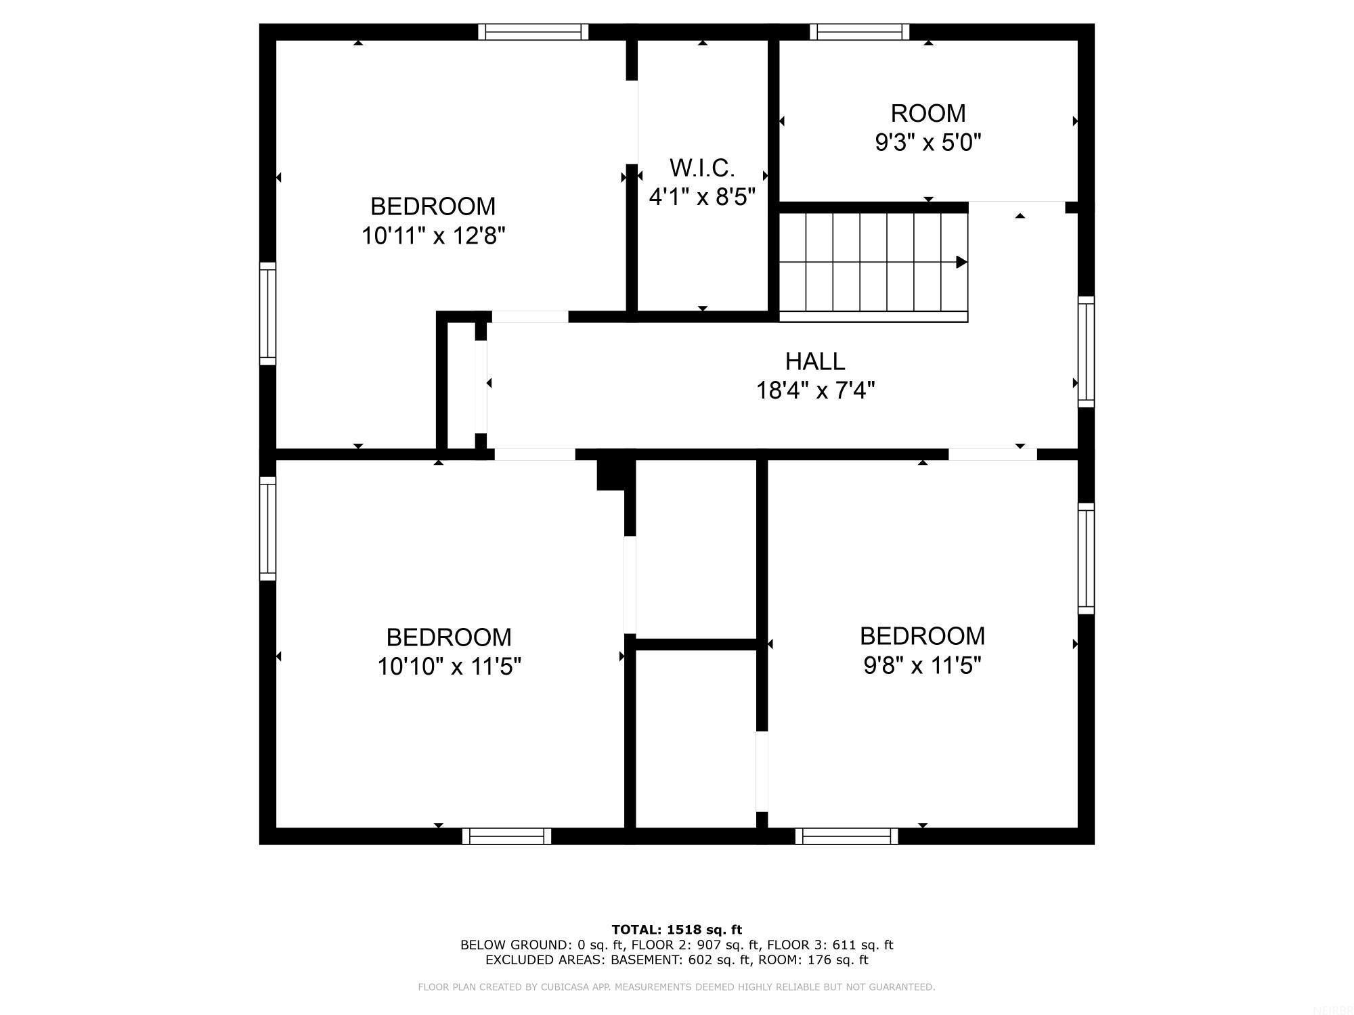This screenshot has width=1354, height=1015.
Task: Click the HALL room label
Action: pos(815,361)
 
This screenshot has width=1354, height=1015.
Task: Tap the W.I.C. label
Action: pos(702,167)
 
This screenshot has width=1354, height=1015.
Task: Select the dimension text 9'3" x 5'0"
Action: pos(928,143)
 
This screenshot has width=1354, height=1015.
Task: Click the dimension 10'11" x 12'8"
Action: pos(433,236)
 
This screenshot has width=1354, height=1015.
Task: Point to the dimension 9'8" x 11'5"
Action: pos(922,666)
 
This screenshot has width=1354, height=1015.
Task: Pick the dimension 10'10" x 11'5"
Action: pos(449,667)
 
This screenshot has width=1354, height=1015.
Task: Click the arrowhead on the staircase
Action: pos(961,262)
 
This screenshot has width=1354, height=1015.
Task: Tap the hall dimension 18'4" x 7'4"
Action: pos(815,391)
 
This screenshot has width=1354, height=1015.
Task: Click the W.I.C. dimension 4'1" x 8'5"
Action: pos(702,197)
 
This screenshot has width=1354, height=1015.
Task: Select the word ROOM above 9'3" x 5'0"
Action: pos(928,113)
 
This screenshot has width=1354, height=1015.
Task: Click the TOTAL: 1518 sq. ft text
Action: pos(676,930)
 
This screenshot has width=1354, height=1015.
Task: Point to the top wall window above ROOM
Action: pos(859,32)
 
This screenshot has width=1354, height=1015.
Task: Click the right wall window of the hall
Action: pos(1086,352)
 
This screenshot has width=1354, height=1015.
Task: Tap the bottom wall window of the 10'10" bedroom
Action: pos(506,836)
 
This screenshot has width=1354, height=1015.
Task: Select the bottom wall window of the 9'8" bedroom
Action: pos(846,836)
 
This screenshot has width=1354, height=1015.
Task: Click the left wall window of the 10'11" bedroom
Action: pos(268,313)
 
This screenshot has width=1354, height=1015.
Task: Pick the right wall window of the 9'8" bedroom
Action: pos(1086,558)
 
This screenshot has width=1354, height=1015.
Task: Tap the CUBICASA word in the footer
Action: pos(569,987)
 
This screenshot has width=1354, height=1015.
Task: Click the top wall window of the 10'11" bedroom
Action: pos(533,32)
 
